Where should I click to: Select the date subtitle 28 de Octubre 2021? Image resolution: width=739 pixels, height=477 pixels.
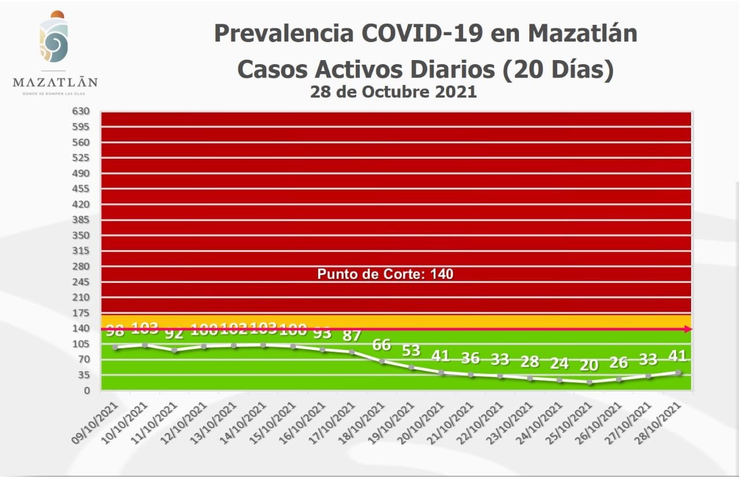click(393, 91)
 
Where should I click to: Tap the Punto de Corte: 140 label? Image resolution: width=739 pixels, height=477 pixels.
click(385, 274)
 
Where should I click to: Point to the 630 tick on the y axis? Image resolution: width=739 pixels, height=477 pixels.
click(81, 111)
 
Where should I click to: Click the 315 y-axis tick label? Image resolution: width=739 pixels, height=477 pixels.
click(81, 251)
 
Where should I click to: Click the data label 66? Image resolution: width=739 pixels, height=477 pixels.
click(382, 345)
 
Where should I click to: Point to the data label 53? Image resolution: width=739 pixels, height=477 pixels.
click(411, 351)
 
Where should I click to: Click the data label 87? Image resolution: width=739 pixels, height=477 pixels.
click(352, 336)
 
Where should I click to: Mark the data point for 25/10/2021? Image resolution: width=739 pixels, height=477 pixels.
click(589, 382)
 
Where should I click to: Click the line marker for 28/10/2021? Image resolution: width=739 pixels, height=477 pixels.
click(678, 372)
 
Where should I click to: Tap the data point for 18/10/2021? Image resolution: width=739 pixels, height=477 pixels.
click(382, 362)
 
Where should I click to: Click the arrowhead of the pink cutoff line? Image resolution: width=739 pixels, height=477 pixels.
click(688, 329)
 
